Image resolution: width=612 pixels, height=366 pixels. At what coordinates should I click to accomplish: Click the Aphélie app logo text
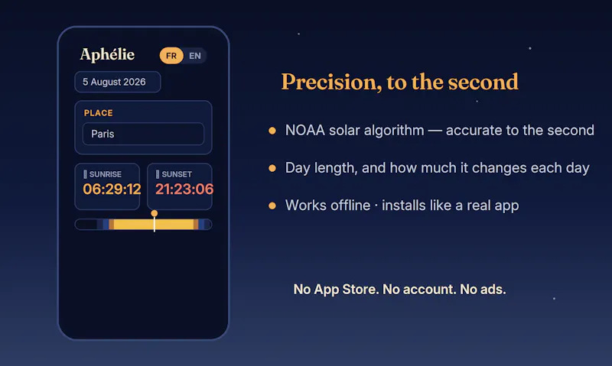pyautogui.click(x=107, y=55)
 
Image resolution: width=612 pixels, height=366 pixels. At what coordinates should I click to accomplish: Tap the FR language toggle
pyautogui.click(x=171, y=56)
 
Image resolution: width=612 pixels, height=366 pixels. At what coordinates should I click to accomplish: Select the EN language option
pyautogui.click(x=195, y=56)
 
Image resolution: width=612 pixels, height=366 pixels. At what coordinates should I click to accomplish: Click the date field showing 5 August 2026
pyautogui.click(x=118, y=82)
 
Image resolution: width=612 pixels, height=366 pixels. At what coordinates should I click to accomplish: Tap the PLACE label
pyautogui.click(x=99, y=113)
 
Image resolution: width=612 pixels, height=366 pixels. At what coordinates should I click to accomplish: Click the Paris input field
pyautogui.click(x=143, y=134)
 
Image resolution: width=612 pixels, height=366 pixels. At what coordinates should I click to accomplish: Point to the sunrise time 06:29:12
pyautogui.click(x=112, y=189)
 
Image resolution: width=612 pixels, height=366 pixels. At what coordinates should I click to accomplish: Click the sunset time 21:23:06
pyautogui.click(x=184, y=189)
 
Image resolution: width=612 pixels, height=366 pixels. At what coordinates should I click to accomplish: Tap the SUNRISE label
pyautogui.click(x=106, y=174)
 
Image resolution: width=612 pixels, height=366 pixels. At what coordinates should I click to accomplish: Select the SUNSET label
pyautogui.click(x=177, y=174)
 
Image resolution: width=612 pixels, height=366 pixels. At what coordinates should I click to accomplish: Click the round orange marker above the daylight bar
pyautogui.click(x=155, y=213)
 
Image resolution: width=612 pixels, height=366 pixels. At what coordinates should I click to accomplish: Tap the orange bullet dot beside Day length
pyautogui.click(x=272, y=168)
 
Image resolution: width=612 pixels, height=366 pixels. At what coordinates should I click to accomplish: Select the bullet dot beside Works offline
pyautogui.click(x=272, y=206)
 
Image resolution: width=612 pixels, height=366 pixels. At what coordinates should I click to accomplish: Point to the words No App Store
pyautogui.click(x=336, y=290)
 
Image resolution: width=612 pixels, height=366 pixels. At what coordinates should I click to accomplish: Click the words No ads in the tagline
pyautogui.click(x=483, y=290)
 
